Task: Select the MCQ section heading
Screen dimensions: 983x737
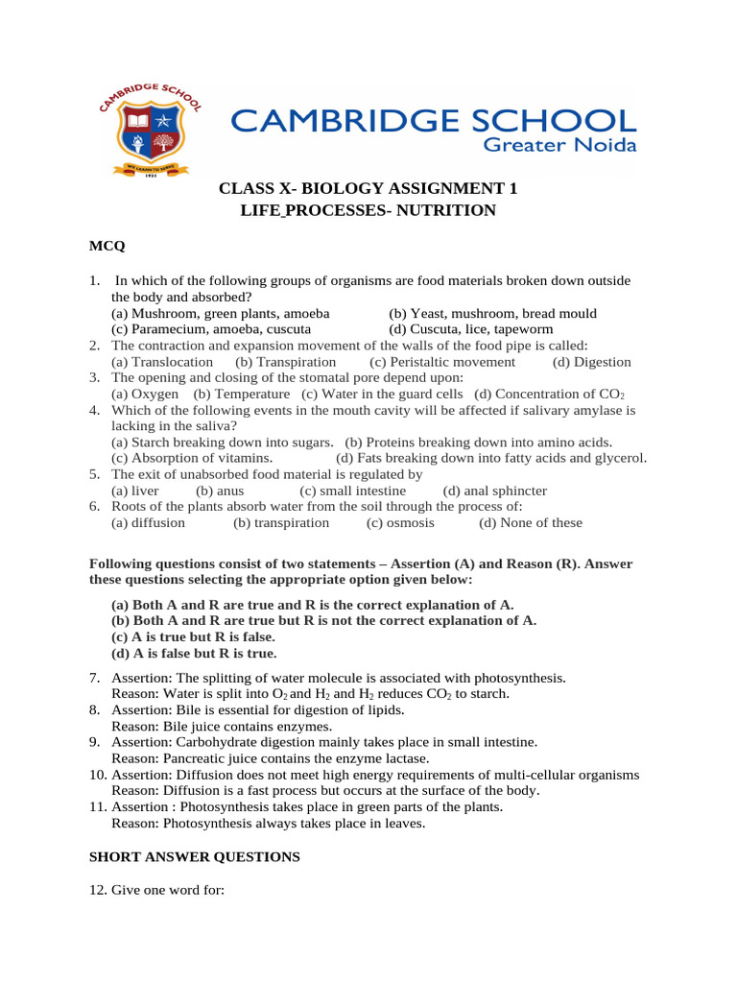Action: coord(107,247)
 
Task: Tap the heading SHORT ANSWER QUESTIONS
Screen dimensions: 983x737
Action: coord(195,856)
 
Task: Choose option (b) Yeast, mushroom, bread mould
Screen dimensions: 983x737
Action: coord(492,313)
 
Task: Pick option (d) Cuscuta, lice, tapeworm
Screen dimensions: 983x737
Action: coord(470,329)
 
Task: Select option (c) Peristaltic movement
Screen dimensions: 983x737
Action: coord(441,362)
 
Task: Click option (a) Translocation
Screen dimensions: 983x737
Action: coord(162,362)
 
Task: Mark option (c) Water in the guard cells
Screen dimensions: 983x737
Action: coord(382,394)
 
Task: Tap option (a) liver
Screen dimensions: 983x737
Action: coord(135,491)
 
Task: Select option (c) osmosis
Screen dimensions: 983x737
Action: coord(400,523)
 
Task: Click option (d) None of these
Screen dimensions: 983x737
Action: coord(530,523)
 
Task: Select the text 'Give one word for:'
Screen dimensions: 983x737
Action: coord(167,890)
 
